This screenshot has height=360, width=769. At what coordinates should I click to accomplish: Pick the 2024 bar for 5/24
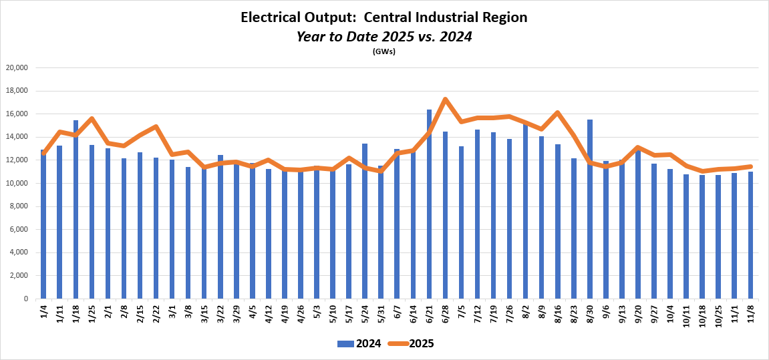tap(365, 221)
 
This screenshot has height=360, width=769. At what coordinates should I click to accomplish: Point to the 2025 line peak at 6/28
tap(445, 100)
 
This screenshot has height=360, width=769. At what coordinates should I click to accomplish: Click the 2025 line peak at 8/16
tap(558, 112)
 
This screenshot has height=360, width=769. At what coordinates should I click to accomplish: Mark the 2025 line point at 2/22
tap(156, 126)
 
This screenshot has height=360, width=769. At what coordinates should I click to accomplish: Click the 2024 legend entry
tap(359, 344)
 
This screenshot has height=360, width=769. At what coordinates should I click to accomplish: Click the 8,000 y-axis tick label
tap(18, 206)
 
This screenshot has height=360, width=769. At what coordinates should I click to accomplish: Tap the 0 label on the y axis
tap(25, 299)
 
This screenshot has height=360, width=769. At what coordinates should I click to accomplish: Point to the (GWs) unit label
tap(384, 51)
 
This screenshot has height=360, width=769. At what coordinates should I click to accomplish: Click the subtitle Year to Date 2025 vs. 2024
tap(384, 37)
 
